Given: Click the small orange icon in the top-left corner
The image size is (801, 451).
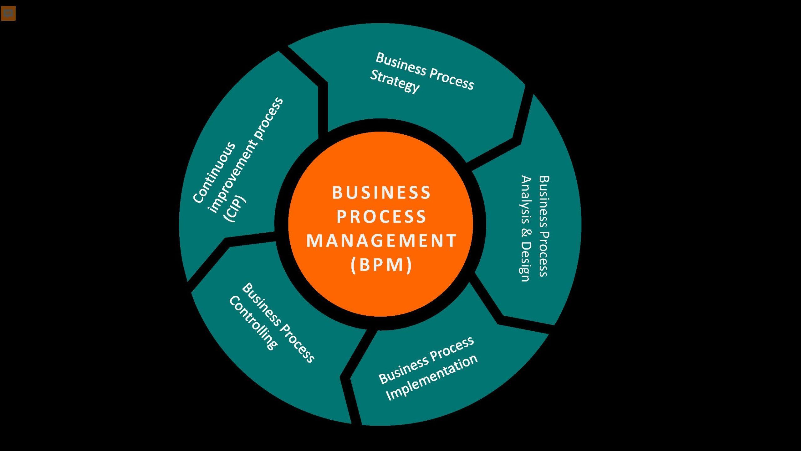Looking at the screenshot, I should [x=8, y=13].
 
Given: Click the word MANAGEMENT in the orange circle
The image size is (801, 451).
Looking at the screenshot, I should [x=381, y=241].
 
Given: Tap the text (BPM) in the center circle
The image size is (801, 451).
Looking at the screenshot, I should [x=381, y=265].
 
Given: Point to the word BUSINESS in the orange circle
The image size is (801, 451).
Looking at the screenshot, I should [x=381, y=193].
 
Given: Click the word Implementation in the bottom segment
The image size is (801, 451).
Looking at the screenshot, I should [x=432, y=377].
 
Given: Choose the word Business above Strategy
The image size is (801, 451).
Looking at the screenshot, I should [x=401, y=64].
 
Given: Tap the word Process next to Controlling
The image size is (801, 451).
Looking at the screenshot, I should [x=297, y=345].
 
